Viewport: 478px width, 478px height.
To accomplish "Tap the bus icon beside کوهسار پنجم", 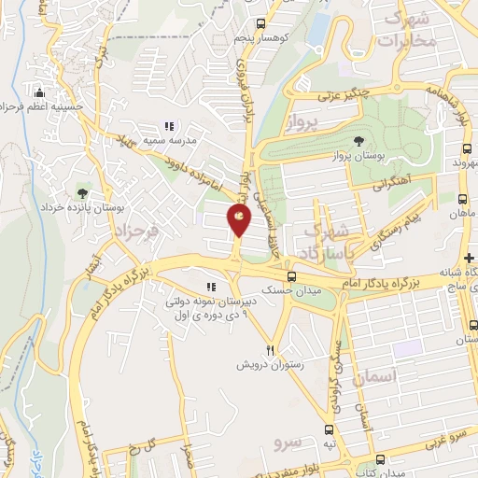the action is (x=262, y=24).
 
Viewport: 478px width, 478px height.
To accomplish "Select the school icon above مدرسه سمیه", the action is (x=169, y=126).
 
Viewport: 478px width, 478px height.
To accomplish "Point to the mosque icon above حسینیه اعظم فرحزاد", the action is (x=39, y=93).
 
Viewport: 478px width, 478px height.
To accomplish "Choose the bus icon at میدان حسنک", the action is (x=292, y=276).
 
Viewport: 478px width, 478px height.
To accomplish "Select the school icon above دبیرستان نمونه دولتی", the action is (x=211, y=288).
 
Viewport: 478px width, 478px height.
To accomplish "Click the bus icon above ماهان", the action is (x=463, y=199).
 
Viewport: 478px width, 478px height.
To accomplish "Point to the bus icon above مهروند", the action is (x=466, y=148).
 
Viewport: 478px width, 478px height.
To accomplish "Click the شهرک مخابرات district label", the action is (x=410, y=28).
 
